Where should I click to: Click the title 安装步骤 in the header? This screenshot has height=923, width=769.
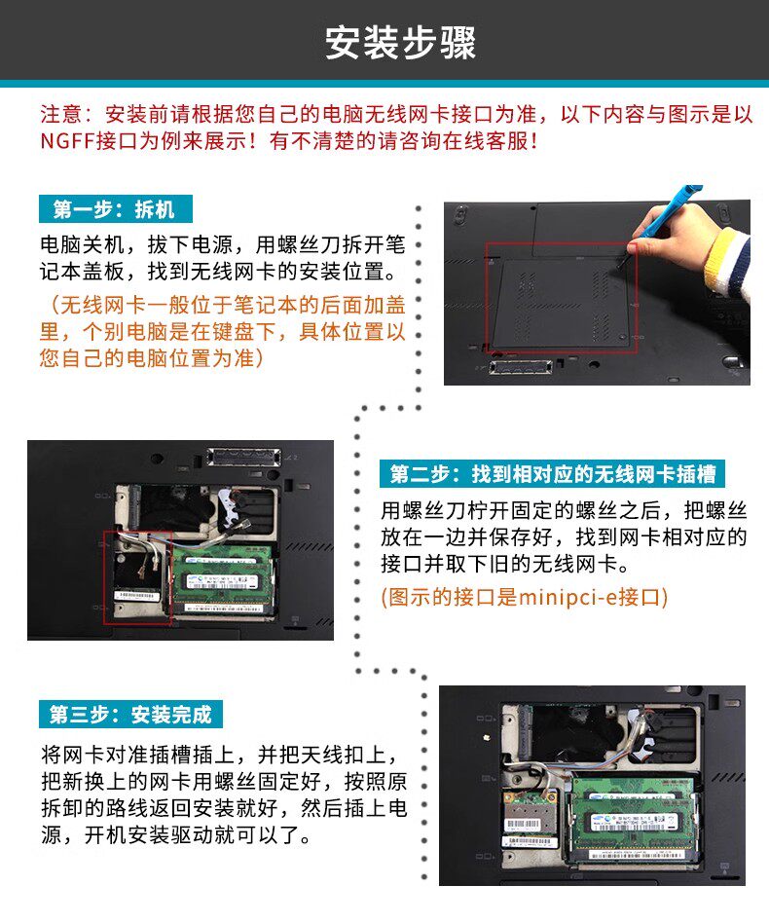click(400, 43)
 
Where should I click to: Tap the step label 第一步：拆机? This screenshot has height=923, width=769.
click(115, 209)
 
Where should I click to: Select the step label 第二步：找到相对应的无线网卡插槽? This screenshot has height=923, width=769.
click(552, 474)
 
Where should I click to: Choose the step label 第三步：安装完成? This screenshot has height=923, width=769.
click(130, 715)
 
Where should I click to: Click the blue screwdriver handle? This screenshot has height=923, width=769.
click(671, 210)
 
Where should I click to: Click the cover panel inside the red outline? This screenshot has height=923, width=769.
click(561, 303)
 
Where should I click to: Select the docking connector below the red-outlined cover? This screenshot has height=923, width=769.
click(521, 367)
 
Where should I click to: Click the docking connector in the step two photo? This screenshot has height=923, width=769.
click(244, 457)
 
